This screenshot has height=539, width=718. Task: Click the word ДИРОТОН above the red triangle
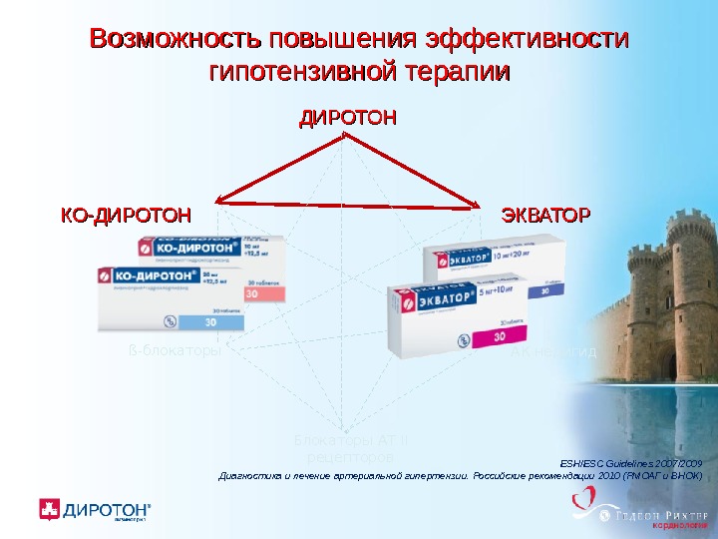[348, 118]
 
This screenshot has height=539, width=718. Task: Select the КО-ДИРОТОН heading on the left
[126, 215]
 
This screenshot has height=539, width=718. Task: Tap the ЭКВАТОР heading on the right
[545, 215]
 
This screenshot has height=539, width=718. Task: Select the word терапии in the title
[458, 73]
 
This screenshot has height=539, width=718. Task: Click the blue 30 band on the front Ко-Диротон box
[210, 322]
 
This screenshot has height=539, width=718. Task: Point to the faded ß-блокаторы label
[175, 352]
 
